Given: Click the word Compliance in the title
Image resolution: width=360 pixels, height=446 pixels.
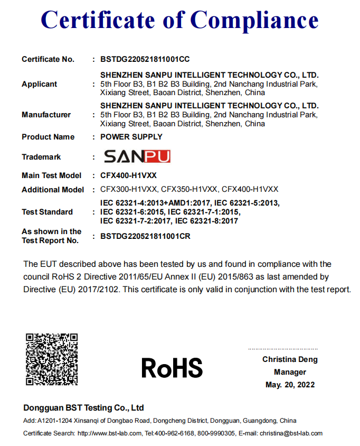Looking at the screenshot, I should click(x=254, y=20).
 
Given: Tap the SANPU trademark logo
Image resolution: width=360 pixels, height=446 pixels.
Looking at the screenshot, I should click(x=137, y=156).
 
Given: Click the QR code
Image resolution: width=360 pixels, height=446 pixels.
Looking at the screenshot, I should click(x=52, y=359).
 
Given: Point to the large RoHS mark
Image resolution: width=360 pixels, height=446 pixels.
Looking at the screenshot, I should click(x=172, y=368).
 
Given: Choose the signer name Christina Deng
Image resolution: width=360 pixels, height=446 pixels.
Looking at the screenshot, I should click(x=290, y=359).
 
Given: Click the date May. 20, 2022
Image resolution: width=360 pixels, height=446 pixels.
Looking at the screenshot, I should click(x=290, y=385).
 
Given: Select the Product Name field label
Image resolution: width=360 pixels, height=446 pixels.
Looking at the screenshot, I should click(x=48, y=137).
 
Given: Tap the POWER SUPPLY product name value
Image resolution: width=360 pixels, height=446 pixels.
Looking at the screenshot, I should click(x=131, y=137).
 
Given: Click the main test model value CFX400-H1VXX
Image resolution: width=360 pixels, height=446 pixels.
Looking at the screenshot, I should click(x=128, y=175).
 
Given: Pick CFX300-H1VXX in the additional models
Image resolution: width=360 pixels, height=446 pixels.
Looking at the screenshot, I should click(x=128, y=189).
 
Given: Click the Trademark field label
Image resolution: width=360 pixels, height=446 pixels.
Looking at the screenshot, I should click(x=41, y=157).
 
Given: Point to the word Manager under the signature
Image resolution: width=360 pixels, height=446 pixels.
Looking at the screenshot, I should click(x=290, y=372).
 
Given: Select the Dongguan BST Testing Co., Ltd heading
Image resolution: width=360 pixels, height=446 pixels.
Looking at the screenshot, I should click(x=83, y=408).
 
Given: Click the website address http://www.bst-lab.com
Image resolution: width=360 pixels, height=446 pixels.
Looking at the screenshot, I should click(x=110, y=433).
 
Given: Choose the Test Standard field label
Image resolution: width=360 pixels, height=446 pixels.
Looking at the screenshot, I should click(x=47, y=212).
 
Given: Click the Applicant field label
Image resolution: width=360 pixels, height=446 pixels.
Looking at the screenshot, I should click(x=40, y=84).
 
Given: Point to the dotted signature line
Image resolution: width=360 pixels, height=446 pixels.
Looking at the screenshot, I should click(x=283, y=349).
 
